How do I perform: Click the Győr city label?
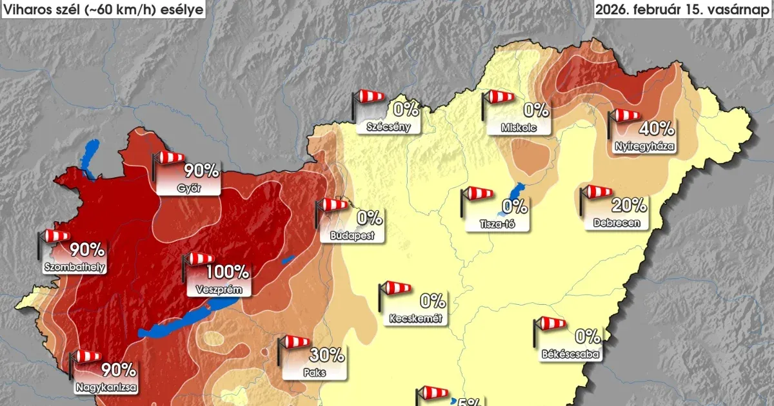tap(189, 188)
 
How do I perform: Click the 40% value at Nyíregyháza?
tap(657, 129)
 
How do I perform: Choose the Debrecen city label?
tap(616, 223)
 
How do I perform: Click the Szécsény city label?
tap(388, 126)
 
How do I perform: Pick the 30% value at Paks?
tap(326, 354)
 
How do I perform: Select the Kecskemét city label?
tap(416, 318)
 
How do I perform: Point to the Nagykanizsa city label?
tap(104, 388)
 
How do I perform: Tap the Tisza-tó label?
tap(501, 224)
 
